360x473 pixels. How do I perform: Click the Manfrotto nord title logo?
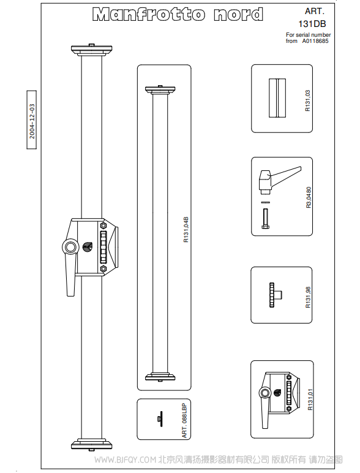(178, 14)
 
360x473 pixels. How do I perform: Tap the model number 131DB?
(312, 24)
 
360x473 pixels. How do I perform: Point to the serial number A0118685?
(315, 41)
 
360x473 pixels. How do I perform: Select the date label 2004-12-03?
(32, 121)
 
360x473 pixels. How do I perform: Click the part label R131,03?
(307, 100)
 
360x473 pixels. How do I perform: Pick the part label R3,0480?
(309, 197)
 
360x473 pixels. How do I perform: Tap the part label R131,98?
(308, 297)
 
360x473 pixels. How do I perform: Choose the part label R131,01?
(310, 399)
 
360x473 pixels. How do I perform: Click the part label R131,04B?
(186, 229)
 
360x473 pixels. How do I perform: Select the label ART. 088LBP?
(184, 420)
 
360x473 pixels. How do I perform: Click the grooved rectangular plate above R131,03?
(277, 98)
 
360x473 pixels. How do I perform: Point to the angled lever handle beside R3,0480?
(280, 180)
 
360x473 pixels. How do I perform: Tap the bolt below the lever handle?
(265, 219)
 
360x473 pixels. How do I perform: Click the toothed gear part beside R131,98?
(275, 295)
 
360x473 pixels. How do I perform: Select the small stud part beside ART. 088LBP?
(160, 418)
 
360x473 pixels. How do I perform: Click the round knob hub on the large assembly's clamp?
(70, 248)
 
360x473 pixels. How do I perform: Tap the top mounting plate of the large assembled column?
(92, 50)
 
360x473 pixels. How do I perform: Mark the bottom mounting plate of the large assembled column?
(92, 445)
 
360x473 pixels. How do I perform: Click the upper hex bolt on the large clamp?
(103, 225)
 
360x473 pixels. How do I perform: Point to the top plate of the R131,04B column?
(160, 90)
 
